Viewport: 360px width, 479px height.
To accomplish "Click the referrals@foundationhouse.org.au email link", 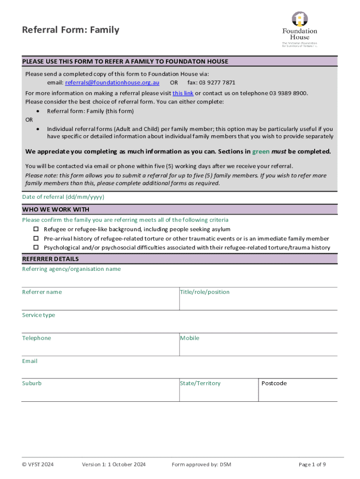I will point(112,83).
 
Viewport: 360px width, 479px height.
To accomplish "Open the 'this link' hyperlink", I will point(183,93).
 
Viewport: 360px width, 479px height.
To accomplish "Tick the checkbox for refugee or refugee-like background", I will point(36,229).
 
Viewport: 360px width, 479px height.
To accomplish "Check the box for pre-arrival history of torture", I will point(36,239).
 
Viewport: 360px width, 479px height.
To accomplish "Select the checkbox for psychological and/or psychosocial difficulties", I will point(36,247).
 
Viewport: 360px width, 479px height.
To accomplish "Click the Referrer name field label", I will point(42,292).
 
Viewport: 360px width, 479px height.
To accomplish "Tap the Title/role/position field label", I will point(205,292).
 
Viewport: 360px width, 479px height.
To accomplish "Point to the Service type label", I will point(38,315).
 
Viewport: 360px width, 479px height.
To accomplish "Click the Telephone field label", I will point(36,338).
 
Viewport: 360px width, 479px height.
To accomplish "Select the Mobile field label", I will point(190,338).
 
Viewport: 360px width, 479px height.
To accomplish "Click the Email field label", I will point(29,361).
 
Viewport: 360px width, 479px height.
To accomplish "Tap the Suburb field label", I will point(32,383).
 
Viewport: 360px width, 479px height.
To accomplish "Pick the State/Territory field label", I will point(200,383).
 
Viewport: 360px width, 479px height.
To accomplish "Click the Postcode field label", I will point(274,383).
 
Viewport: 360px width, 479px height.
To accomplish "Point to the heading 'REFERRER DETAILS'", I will point(50,259).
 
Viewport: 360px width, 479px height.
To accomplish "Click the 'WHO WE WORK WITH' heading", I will point(56,209).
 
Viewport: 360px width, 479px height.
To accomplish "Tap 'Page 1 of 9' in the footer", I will point(312,464).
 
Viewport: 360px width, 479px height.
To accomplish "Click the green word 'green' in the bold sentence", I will point(261,152).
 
